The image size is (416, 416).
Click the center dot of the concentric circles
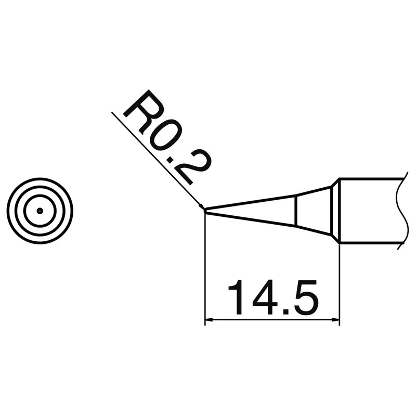pyautogui.click(x=40, y=211)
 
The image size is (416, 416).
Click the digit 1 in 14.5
pyautogui.click(x=237, y=297)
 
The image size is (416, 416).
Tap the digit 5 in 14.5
pyautogui.click(x=305, y=297)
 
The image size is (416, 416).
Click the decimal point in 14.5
pyautogui.click(x=286, y=311)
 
